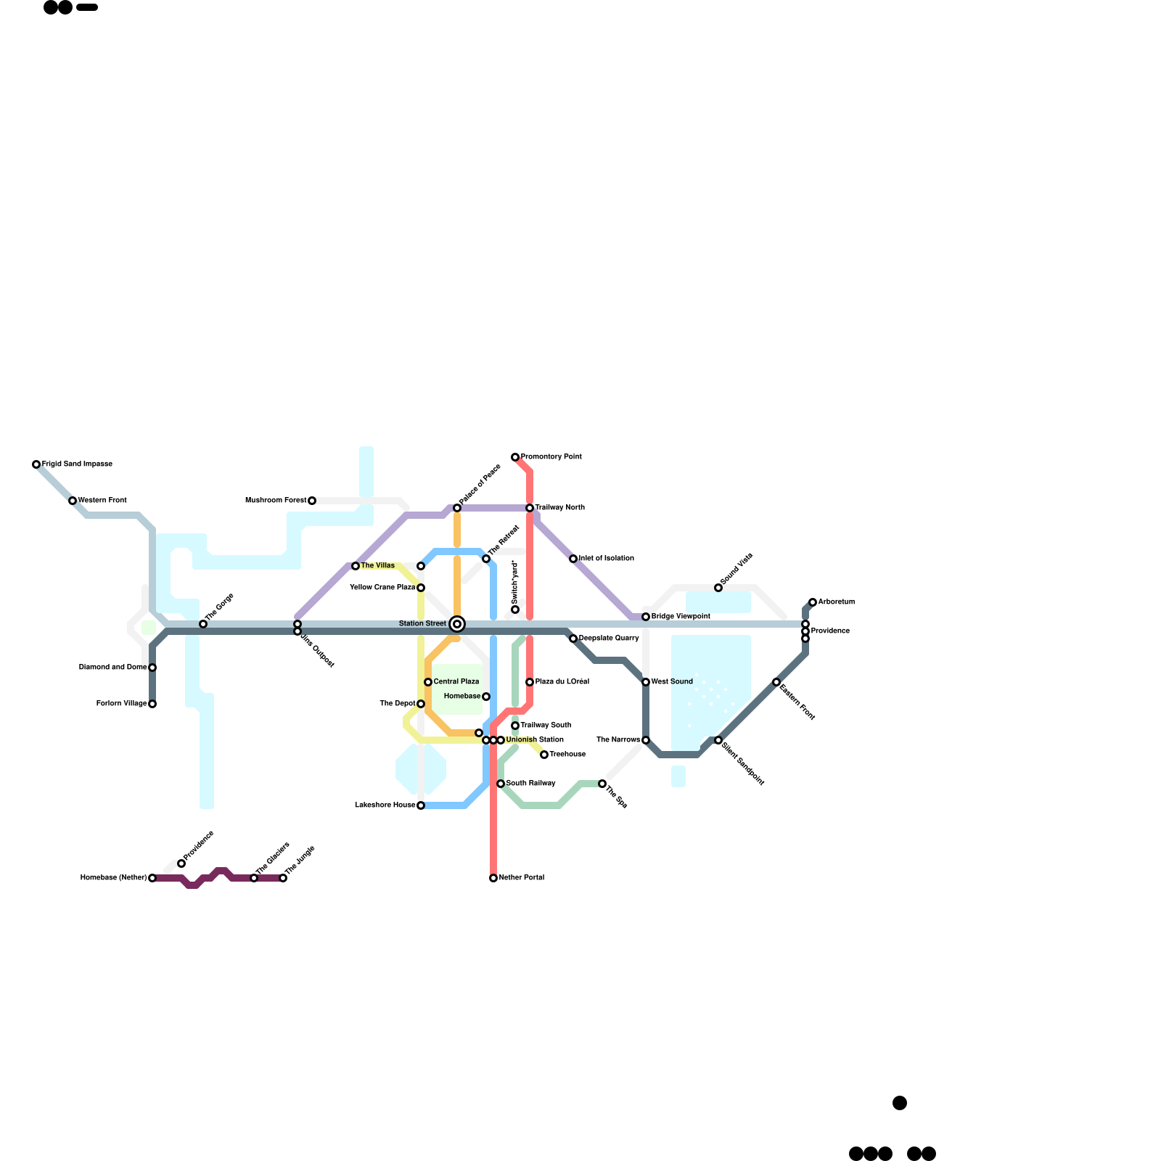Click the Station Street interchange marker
[457, 624]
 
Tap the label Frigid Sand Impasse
[77, 464]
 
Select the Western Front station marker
[73, 501]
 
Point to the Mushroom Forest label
[276, 501]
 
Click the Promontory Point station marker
[515, 457]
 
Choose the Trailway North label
[560, 508]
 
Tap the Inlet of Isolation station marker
[573, 559]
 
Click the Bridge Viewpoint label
[681, 617]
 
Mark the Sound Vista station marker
[718, 588]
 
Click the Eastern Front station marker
[776, 682]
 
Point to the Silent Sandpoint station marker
[718, 740]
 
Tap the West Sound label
[672, 682]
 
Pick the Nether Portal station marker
[493, 878]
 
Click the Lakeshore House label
[385, 805]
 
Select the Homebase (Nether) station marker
[152, 878]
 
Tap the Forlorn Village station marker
[152, 704]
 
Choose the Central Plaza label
[456, 682]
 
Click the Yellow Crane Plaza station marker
[421, 588]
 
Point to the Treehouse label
[567, 755]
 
